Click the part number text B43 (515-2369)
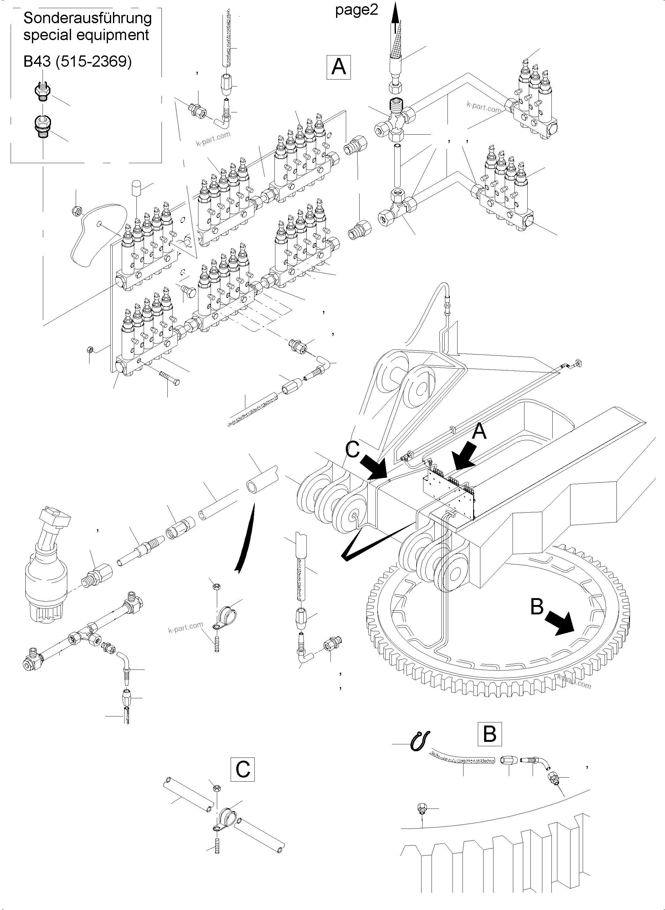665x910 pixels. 78,62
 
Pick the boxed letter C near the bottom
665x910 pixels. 243,769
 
